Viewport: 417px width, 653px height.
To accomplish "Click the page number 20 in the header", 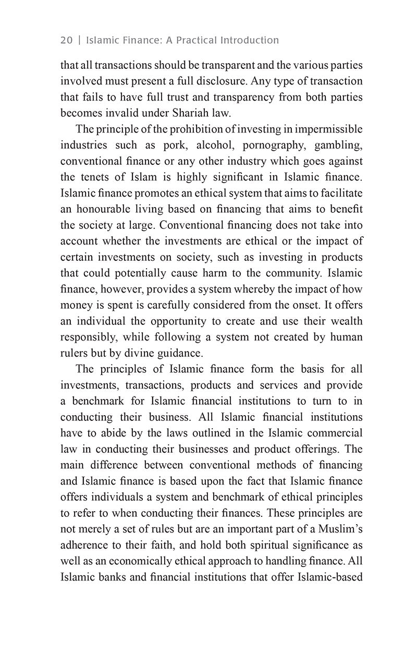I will (x=67, y=40).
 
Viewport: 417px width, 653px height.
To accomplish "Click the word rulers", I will (x=75, y=353).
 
